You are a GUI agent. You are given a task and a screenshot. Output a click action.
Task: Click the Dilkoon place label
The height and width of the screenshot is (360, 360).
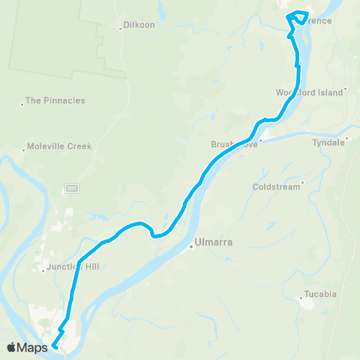point(139,25)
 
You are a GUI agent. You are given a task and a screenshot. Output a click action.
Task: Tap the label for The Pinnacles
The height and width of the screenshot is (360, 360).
point(55,100)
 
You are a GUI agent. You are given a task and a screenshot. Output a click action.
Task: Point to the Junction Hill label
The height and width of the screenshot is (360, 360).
point(73,266)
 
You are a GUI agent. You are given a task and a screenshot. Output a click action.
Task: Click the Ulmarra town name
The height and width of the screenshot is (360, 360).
point(210,242)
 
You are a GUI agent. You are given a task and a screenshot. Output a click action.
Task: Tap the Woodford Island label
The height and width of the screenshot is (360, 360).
point(308,91)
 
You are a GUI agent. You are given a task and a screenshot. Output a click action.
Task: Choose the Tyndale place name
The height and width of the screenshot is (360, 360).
point(328,141)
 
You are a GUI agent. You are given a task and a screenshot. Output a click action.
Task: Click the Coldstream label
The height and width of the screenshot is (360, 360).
point(277,187)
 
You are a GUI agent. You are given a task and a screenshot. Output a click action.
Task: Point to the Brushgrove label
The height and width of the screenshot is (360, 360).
point(234,144)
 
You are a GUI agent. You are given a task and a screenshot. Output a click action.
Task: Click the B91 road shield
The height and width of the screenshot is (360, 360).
point(71,186)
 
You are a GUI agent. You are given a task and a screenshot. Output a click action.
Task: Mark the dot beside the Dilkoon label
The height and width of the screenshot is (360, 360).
point(121,28)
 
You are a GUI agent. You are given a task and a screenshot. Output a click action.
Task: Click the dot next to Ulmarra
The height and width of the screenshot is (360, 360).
point(190,242)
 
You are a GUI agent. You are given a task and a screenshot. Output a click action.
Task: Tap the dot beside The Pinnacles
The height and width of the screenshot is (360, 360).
point(22,103)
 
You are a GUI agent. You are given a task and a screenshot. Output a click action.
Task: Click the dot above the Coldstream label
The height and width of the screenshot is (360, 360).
point(302,181)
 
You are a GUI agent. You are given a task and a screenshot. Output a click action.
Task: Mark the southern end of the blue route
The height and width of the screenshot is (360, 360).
point(55,346)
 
